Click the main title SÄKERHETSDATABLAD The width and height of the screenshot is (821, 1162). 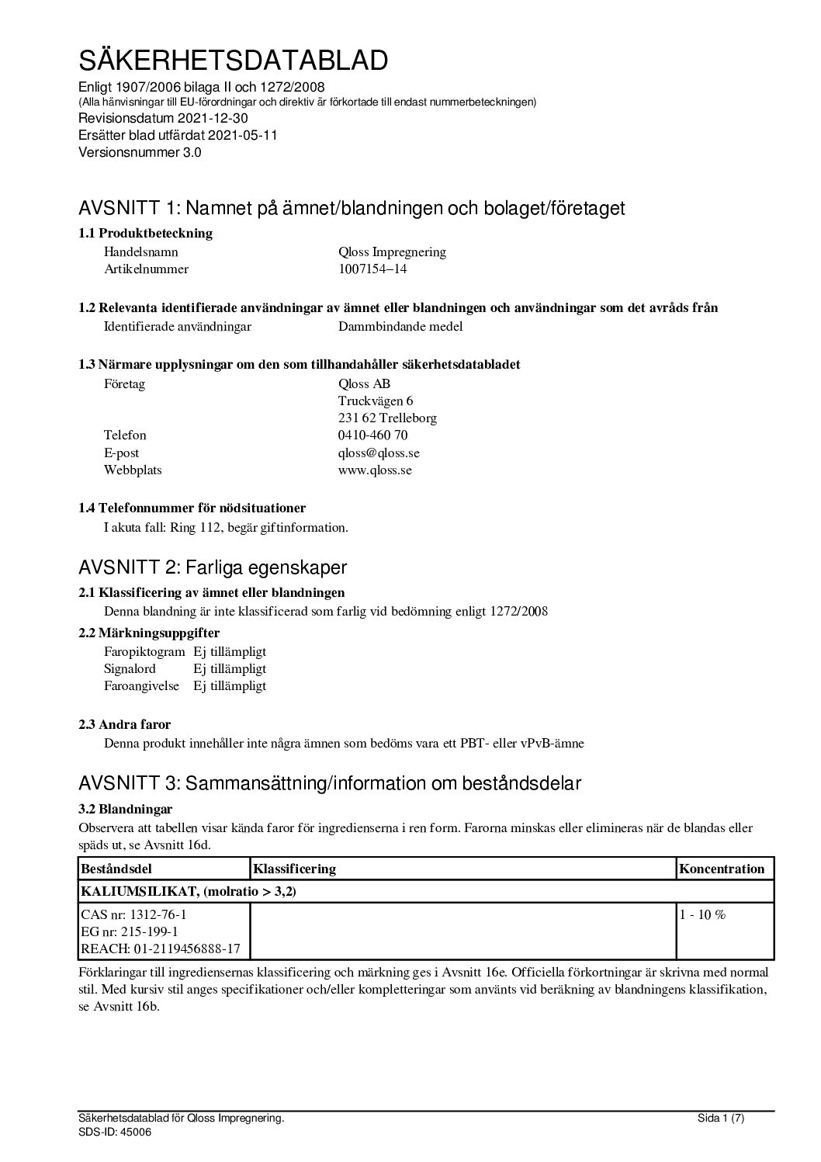click(233, 60)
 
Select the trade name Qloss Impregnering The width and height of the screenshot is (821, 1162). click(392, 251)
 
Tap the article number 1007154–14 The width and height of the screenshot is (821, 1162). click(372, 269)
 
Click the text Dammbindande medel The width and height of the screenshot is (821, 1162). click(400, 326)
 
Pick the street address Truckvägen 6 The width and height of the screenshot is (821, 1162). click(376, 401)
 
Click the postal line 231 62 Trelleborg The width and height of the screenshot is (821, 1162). click(387, 418)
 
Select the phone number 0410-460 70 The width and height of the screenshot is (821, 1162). click(372, 435)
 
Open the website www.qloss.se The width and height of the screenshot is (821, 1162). click(375, 470)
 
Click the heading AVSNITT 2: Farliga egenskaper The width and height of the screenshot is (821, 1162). click(213, 567)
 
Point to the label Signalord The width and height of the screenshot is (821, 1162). click(130, 668)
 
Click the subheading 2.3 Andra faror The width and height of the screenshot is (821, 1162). click(124, 724)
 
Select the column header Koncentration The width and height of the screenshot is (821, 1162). click(722, 869)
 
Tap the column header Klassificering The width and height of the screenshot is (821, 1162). click(295, 869)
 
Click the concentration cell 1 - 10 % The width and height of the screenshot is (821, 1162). click(702, 914)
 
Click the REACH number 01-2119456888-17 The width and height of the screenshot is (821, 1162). click(183, 949)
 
